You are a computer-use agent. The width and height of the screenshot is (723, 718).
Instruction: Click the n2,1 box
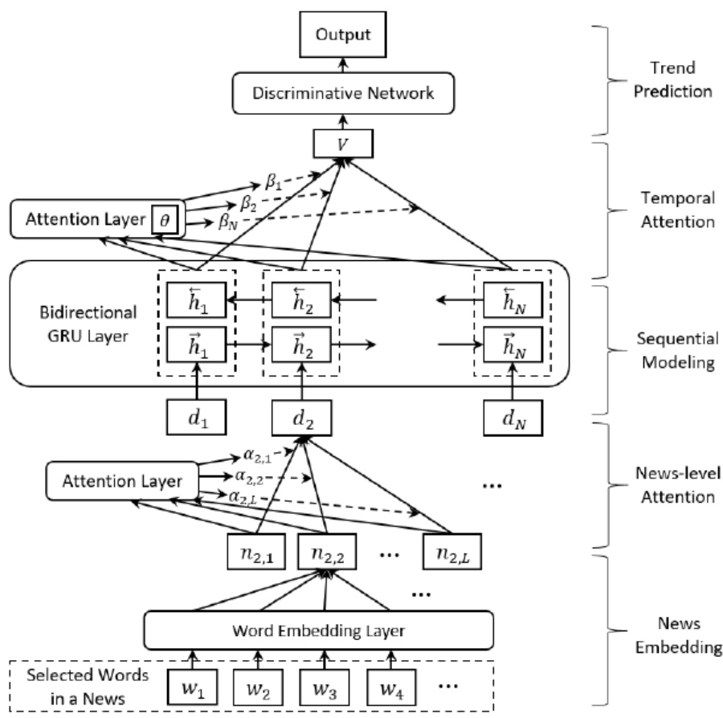click(x=247, y=551)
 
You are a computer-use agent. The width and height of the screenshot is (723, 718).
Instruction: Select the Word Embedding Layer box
click(x=317, y=629)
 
